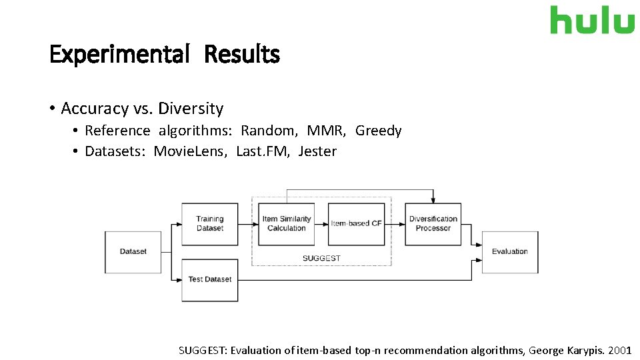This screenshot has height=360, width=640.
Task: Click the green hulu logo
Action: pos(592,20)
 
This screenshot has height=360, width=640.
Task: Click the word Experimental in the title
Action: pos(120,54)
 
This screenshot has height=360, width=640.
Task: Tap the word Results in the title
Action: pos(242,54)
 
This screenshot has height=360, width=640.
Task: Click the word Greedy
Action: pos(379,131)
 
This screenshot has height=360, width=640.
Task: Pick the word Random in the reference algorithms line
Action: pos(269,131)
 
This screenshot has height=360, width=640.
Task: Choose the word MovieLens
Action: pos(191,151)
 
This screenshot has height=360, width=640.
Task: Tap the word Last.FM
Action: pos(263,151)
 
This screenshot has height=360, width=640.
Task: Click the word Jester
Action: pos(318,151)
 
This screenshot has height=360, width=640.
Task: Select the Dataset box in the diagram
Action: pos(133,251)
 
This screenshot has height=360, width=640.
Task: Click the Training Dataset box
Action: pos(210,224)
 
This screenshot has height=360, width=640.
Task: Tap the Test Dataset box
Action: pos(210,279)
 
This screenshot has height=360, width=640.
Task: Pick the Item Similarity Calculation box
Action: pos(287,224)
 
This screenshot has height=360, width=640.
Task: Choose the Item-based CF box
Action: pos(357,224)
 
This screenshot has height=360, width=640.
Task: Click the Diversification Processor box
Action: pos(433,224)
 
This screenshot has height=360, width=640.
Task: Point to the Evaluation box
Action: pos(510,251)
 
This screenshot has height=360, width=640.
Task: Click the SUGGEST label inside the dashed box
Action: pos(321,258)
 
